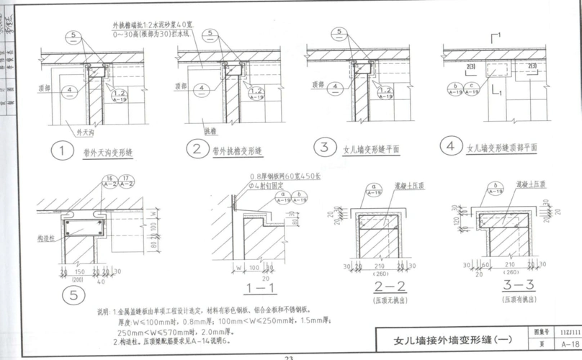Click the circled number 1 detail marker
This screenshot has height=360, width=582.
(x=63, y=152)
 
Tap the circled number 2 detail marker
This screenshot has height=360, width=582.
(x=195, y=150)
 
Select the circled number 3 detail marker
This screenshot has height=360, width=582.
(x=325, y=148)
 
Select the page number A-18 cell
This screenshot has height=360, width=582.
(x=568, y=344)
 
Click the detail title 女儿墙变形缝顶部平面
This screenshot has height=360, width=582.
(x=502, y=148)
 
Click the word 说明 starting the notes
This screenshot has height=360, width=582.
(x=104, y=311)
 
